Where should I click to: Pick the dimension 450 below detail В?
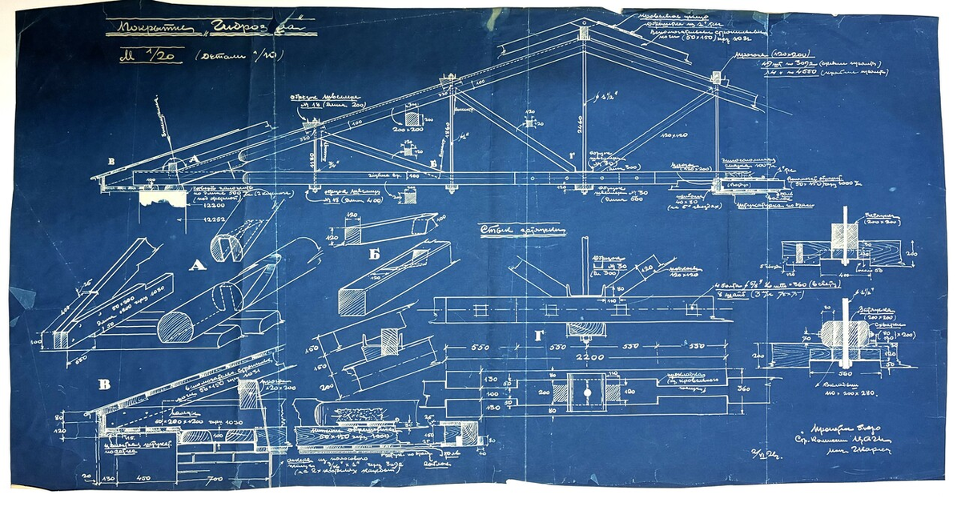[144, 479]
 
